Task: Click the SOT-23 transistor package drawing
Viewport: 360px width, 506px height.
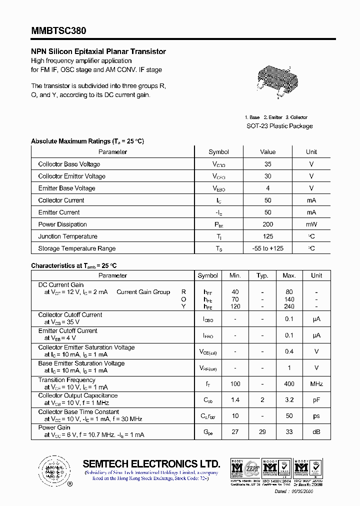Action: (x=273, y=80)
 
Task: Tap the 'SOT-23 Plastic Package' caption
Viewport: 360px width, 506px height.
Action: (x=279, y=126)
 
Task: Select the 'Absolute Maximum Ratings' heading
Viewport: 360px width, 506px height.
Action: (x=87, y=141)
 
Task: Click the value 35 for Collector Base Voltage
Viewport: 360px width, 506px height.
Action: (x=268, y=164)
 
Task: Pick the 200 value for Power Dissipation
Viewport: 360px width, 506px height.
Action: (x=268, y=224)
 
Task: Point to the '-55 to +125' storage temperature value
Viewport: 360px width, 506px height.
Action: (x=268, y=248)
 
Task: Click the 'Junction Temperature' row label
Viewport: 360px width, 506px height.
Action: (x=67, y=236)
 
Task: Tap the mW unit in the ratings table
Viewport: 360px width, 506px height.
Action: (x=311, y=224)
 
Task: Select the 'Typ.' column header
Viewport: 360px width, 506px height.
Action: (x=262, y=275)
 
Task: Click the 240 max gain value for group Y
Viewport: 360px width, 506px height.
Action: (x=289, y=306)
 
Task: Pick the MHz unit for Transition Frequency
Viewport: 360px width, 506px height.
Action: (x=316, y=384)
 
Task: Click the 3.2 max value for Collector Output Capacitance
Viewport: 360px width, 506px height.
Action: (x=289, y=400)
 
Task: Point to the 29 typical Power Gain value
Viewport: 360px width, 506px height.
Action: (x=262, y=432)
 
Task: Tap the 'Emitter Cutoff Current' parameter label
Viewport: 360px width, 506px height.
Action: (x=68, y=331)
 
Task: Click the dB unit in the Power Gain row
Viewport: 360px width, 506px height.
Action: (x=316, y=432)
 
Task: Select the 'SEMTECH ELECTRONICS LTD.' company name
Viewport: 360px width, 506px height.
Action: (x=151, y=463)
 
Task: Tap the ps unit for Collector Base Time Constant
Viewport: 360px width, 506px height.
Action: (x=316, y=416)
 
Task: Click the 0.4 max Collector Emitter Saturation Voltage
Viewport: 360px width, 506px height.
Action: (x=289, y=351)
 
